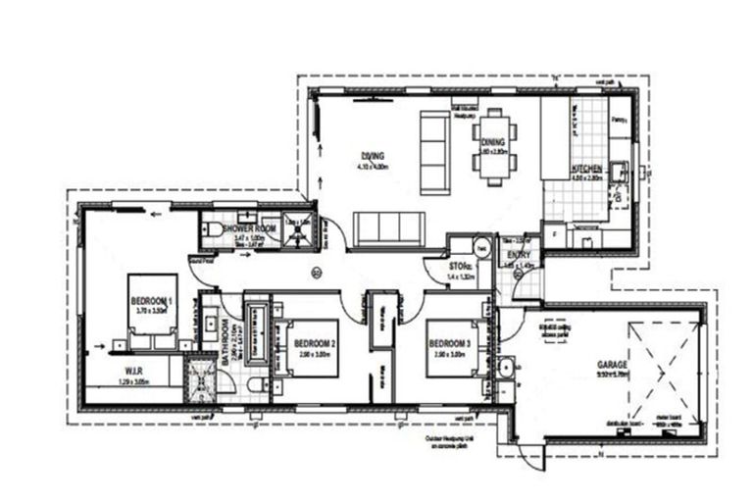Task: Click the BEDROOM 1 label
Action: [151, 300]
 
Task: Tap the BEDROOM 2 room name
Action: [315, 343]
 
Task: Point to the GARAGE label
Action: [613, 365]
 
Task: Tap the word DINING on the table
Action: [492, 141]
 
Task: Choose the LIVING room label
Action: [373, 156]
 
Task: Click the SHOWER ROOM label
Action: [243, 228]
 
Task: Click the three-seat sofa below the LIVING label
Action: [389, 228]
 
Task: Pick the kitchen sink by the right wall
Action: [619, 173]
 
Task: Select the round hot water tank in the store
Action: [479, 247]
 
